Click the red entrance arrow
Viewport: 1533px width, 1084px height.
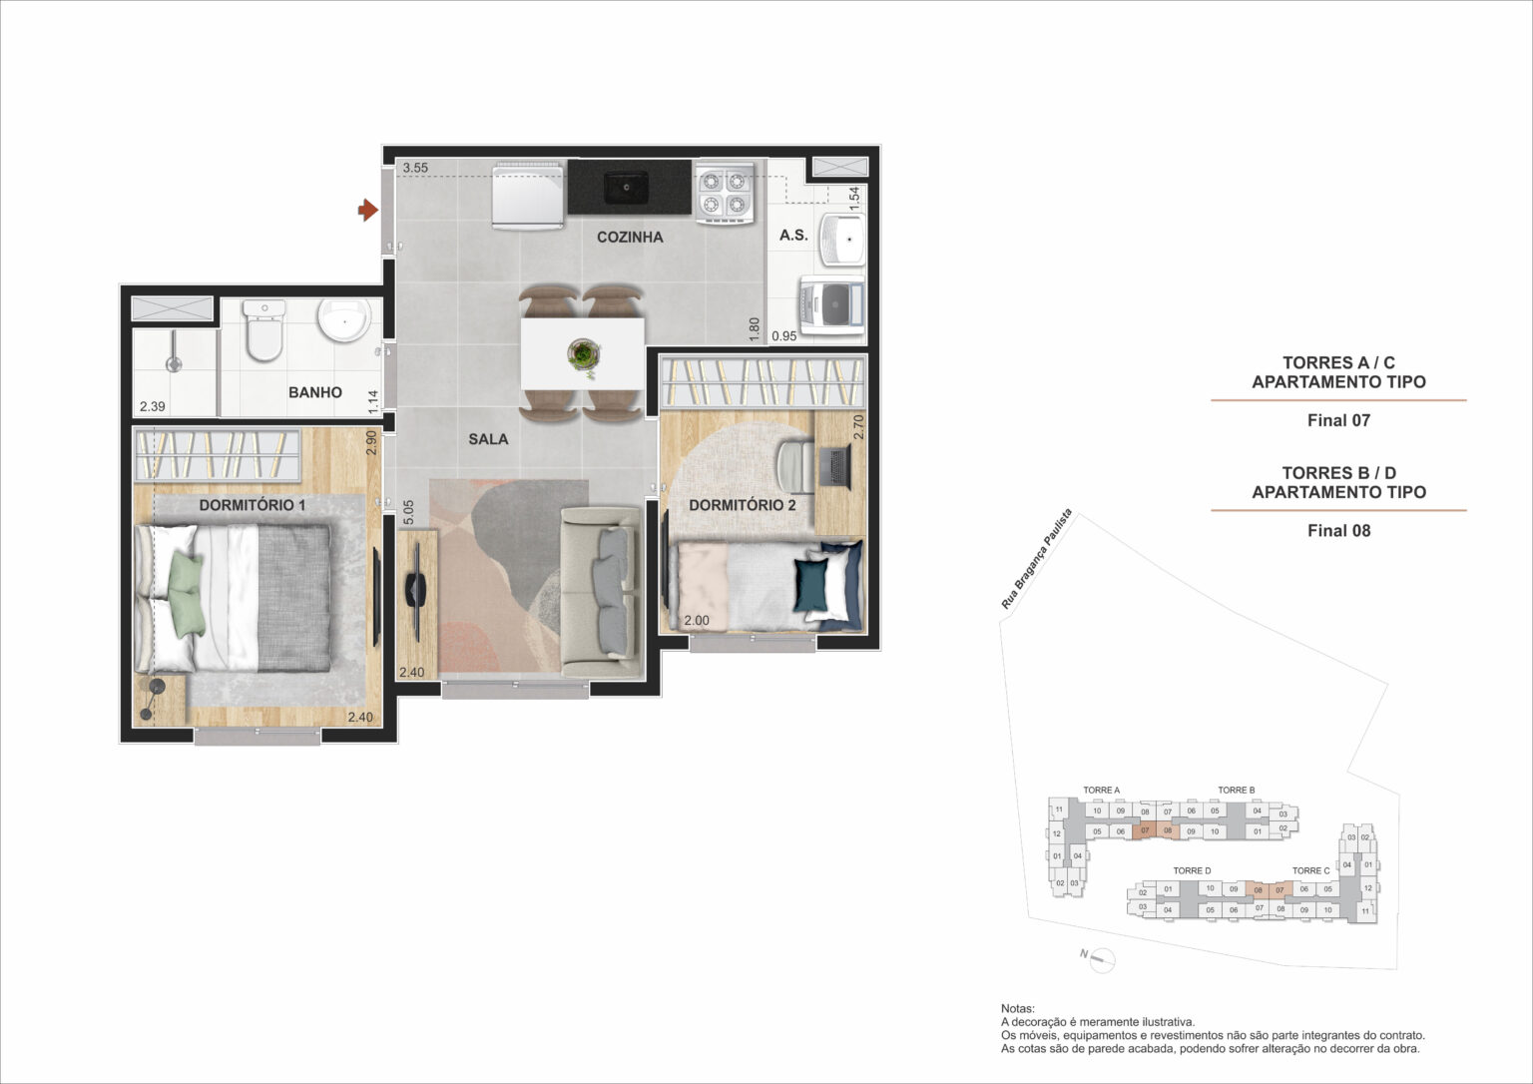pos(367,210)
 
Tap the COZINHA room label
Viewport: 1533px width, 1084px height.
pos(630,238)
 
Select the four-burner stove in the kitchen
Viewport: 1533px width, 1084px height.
pos(724,192)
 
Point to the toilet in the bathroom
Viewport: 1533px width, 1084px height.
pos(264,330)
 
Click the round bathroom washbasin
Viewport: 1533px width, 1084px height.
pos(343,320)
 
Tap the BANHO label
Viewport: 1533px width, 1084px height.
pos(315,392)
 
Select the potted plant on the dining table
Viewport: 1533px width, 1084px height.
pos(582,354)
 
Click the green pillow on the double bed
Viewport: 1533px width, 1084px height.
pos(186,595)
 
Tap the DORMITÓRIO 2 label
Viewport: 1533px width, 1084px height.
pos(742,505)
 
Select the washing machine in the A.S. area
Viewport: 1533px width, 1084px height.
pos(831,306)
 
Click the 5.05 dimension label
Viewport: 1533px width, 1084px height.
pos(408,513)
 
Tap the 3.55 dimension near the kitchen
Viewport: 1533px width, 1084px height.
pos(415,168)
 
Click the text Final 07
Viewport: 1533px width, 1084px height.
pos(1338,420)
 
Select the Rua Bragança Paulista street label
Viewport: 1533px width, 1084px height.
pos(1037,558)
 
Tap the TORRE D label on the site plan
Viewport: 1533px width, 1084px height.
pos(1192,871)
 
